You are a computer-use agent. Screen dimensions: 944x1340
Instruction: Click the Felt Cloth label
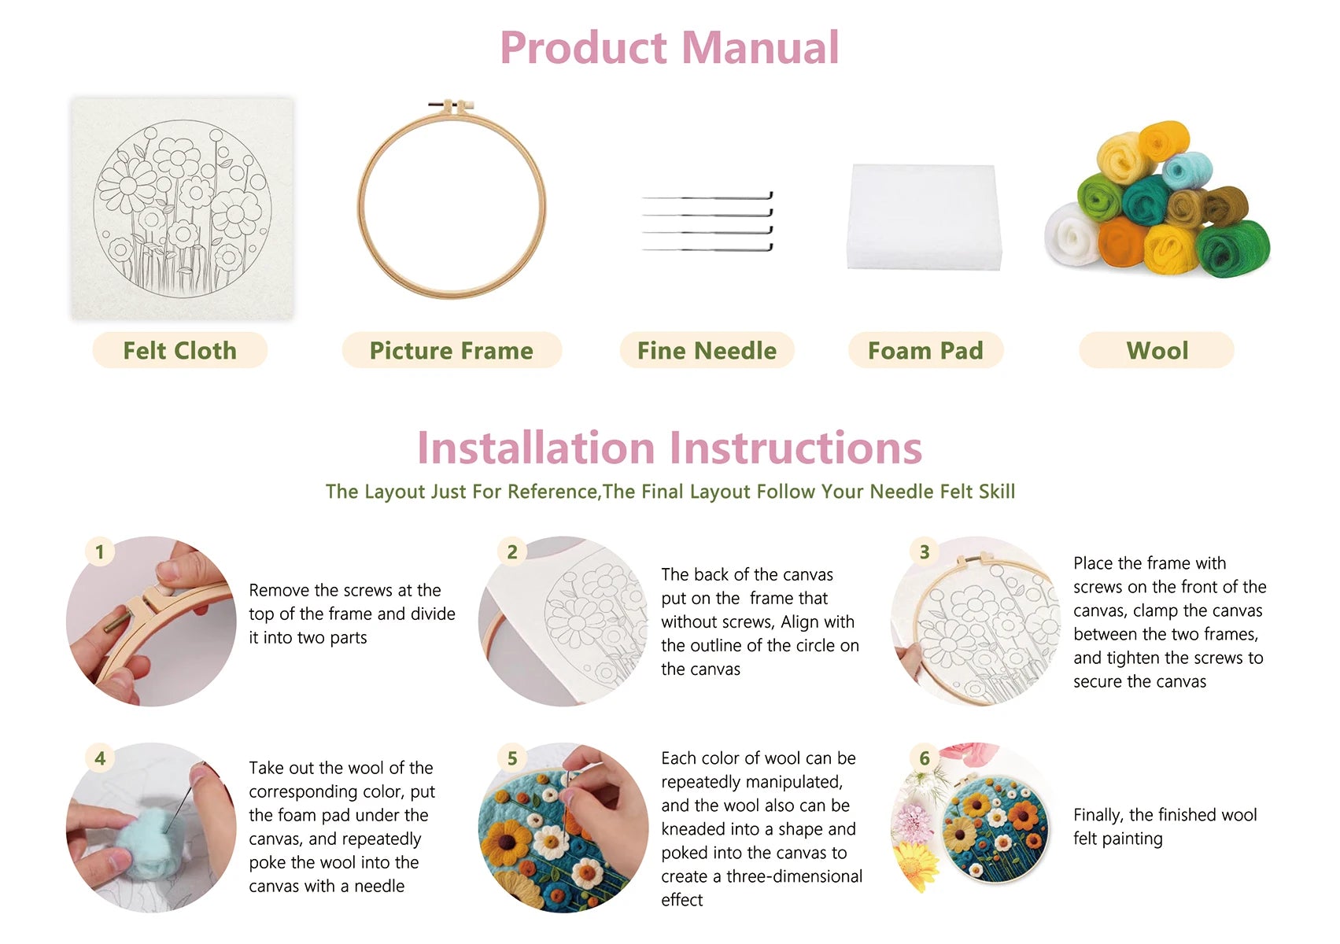pos(179,350)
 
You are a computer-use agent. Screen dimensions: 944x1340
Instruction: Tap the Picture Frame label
pos(451,350)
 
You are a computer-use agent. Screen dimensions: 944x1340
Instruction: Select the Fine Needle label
pos(707,350)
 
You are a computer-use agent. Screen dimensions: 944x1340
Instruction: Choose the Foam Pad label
pos(925,350)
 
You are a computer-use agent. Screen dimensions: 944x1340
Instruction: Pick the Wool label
pos(1157,350)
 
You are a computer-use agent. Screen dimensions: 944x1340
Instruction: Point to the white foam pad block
pos(923,216)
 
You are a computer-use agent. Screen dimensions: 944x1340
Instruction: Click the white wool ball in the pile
pos(1070,234)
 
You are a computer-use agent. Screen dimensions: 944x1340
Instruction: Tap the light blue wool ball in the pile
pos(1187,170)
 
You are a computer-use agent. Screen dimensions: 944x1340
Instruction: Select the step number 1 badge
pos(100,551)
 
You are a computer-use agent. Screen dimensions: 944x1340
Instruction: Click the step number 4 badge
pos(100,758)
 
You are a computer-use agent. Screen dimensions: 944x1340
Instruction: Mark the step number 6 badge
pos(925,758)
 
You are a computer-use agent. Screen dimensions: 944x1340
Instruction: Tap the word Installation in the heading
pos(535,448)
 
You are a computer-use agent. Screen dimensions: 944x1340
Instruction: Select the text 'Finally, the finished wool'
pos(1165,815)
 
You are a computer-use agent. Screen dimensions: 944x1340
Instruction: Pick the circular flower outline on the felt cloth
pos(183,208)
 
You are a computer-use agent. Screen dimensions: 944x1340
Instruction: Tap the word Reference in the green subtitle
pos(552,492)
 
